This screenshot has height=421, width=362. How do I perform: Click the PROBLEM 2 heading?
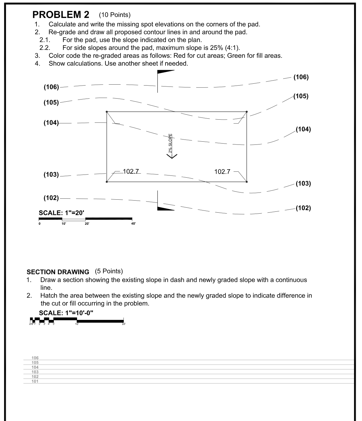(x=61, y=15)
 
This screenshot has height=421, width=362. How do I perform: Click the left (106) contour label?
(x=51, y=87)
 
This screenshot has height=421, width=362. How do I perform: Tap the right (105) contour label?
(x=301, y=96)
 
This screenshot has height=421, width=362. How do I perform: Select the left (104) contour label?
(x=51, y=123)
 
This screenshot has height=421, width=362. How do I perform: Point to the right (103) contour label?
(x=303, y=184)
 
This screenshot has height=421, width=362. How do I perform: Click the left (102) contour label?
(x=51, y=198)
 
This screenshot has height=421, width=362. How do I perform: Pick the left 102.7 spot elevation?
(x=131, y=171)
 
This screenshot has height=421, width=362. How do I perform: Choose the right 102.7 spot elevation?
(x=222, y=171)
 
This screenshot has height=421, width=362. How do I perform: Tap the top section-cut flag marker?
(x=166, y=72)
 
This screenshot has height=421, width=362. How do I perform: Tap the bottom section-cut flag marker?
(x=166, y=208)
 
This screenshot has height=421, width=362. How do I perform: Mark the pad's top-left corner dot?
(x=107, y=112)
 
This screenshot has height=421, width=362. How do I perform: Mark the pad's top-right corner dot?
(x=247, y=112)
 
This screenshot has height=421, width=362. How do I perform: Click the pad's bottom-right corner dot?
(x=247, y=182)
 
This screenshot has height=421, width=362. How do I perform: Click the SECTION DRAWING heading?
(x=58, y=272)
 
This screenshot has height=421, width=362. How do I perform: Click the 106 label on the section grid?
(x=35, y=358)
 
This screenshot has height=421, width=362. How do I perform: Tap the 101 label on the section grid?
(x=35, y=381)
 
